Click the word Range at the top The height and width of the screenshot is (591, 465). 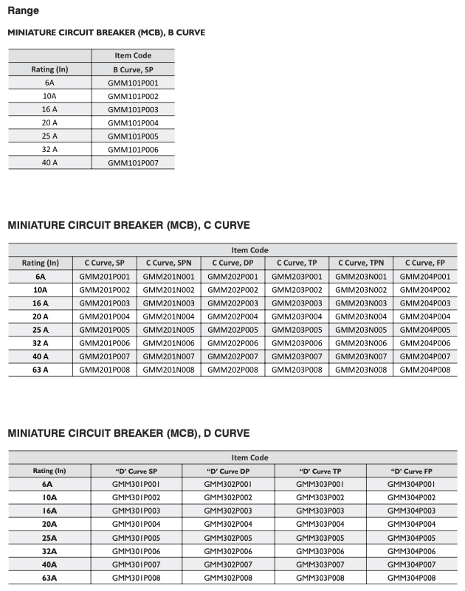coord(23,11)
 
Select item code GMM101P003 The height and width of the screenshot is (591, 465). coord(133,109)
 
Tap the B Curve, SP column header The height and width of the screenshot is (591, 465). coord(133,69)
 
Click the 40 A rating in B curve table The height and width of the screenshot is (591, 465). coord(49,162)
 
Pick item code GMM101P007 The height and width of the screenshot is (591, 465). coord(133,162)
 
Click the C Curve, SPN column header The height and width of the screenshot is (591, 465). coord(168,263)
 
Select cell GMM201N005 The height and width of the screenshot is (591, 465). coord(168,330)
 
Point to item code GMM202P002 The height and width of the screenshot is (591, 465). coord(232,290)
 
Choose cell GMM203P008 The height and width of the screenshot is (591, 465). coord(297,370)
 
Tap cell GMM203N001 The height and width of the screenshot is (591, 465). coord(361,277)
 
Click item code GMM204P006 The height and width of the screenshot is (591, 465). coord(425,343)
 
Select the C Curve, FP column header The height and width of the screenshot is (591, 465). coord(425,263)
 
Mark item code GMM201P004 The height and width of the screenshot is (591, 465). coord(104,317)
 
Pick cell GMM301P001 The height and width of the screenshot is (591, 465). coord(137,484)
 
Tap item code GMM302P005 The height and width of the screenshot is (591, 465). coord(228,538)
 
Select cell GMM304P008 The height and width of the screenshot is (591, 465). coord(411,578)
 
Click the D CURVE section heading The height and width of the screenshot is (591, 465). coord(128,433)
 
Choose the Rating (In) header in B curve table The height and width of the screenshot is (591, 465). coord(49,69)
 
